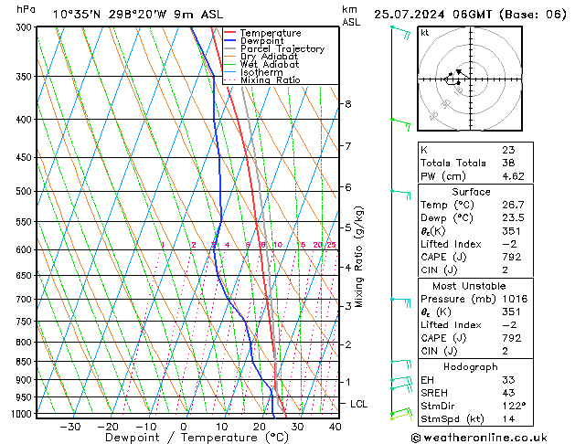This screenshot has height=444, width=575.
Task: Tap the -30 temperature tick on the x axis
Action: pos(69,426)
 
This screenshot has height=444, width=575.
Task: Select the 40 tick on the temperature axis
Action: pos(335,426)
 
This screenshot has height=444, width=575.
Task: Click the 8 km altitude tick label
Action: pos(347,104)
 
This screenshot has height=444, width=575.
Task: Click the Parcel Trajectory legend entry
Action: pos(282,49)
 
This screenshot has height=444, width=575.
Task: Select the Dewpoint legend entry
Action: pos(263,41)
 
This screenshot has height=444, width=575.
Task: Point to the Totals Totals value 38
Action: pos(507,163)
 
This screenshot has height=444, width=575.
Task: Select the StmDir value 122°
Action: pos(513,406)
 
